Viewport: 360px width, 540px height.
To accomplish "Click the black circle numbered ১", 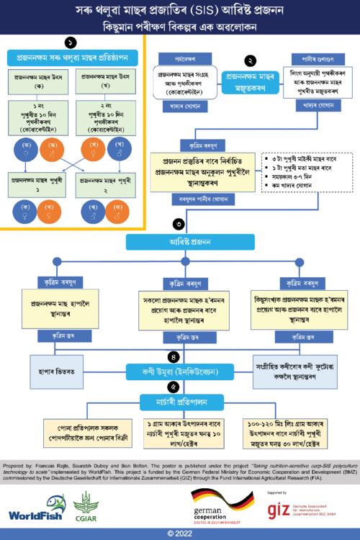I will click(x=70, y=42).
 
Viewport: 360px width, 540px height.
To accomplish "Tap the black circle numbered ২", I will click(x=250, y=61).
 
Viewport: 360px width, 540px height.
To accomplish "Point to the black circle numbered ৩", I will click(x=179, y=223).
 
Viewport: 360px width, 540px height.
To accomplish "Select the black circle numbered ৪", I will click(x=174, y=356).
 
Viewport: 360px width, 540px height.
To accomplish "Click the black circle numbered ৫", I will click(x=174, y=388).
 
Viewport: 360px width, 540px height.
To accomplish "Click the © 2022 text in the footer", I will click(x=180, y=534).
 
